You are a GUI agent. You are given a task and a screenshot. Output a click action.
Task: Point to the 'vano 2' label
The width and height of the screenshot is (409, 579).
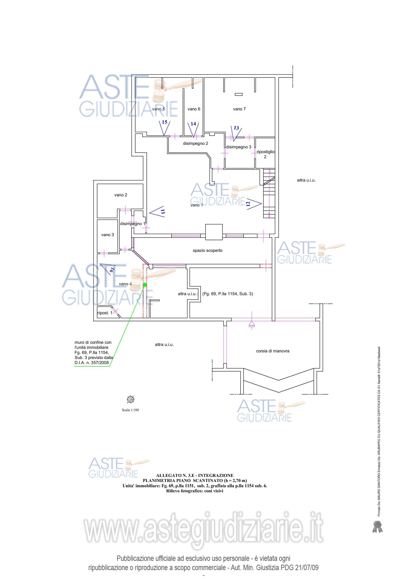(x=121, y=195)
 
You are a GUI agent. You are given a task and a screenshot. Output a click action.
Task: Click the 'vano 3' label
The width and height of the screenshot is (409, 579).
(x=107, y=235)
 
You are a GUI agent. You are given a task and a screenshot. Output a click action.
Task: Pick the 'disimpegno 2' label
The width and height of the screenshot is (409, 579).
(x=195, y=143)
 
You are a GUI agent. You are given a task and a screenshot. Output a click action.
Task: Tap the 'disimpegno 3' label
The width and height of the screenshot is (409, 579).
(x=239, y=147)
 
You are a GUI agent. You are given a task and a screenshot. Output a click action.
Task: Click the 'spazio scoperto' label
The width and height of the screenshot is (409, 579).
(x=207, y=250)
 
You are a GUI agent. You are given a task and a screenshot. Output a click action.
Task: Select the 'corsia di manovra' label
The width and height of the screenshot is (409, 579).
(x=273, y=351)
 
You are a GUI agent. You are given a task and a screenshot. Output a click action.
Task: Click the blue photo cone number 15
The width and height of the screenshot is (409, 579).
(x=164, y=122)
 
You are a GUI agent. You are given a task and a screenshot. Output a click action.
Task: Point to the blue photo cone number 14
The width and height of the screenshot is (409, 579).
(x=193, y=124)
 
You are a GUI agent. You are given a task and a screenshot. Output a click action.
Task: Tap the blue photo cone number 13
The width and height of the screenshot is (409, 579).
(x=236, y=128)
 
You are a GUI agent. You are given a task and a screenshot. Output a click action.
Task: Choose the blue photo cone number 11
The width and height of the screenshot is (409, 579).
(x=163, y=212)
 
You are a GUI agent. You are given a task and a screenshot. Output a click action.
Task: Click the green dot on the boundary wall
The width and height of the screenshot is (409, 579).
(x=145, y=285)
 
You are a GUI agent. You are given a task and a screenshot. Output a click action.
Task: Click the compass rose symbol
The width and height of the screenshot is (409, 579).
(x=131, y=399)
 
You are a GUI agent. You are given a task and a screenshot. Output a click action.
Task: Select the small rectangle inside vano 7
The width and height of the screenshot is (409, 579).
(x=239, y=95)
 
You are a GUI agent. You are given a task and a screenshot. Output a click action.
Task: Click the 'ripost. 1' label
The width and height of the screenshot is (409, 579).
(x=105, y=313)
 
